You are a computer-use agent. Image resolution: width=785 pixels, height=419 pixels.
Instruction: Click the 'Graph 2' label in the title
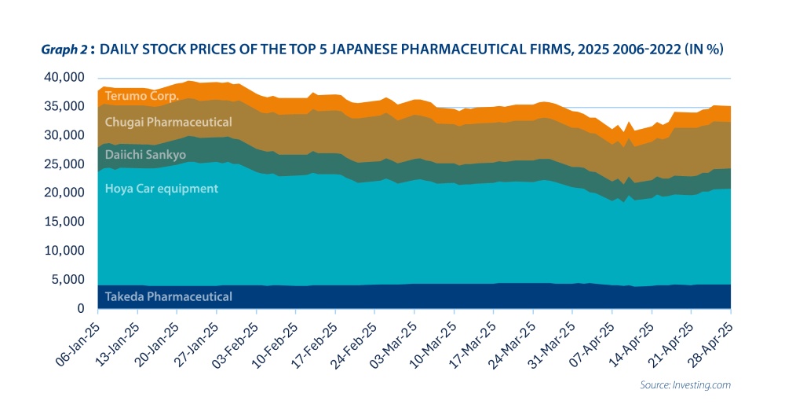(64, 49)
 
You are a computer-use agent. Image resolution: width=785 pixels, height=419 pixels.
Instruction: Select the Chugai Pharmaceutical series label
(169, 122)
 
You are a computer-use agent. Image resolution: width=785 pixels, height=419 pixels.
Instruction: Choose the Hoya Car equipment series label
(162, 189)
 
